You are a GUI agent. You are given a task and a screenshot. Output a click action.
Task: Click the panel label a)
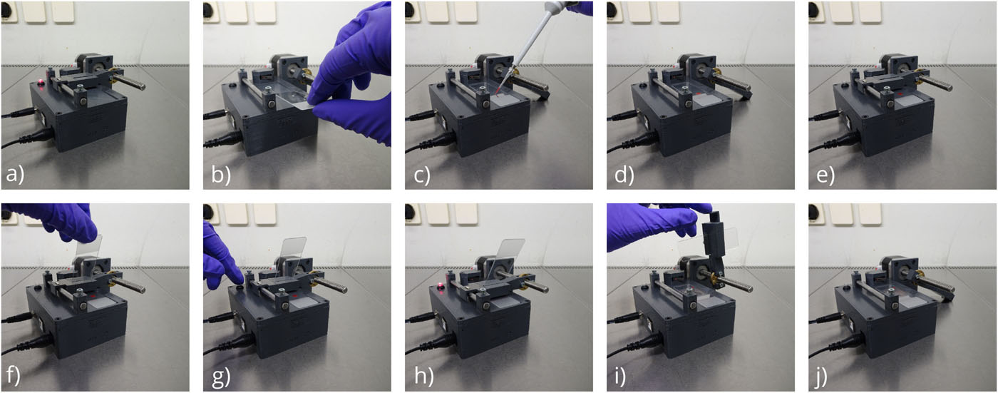(x=15, y=173)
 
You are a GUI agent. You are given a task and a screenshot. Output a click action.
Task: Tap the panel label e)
(x=825, y=174)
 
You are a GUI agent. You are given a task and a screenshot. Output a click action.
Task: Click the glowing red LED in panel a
(x=41, y=81)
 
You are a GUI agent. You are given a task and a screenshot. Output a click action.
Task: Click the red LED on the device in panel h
(x=441, y=285)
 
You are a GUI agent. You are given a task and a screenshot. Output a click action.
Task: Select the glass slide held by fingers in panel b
(x=292, y=97)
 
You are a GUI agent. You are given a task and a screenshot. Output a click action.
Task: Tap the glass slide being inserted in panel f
(x=88, y=250)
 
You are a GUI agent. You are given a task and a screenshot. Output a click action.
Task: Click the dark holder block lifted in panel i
(x=714, y=240)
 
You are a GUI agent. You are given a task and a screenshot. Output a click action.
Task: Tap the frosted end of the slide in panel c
(x=508, y=100)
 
